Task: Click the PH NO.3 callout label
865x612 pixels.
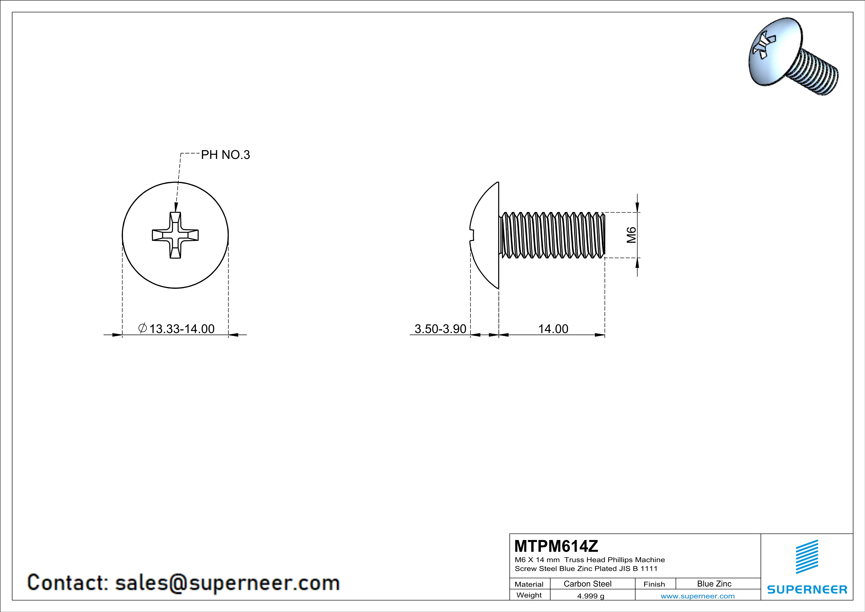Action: (225, 155)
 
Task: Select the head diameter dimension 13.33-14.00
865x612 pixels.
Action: (176, 329)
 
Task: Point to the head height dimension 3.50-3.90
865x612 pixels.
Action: (441, 329)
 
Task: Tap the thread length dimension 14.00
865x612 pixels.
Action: (553, 329)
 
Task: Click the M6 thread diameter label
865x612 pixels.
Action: (631, 235)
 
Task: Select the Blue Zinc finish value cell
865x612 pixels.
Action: (714, 584)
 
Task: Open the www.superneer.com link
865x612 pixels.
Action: (698, 596)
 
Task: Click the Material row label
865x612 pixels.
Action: (529, 584)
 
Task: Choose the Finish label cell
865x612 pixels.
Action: (654, 584)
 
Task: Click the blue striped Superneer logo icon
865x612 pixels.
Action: (807, 557)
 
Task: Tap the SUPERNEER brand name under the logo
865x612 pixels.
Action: (807, 589)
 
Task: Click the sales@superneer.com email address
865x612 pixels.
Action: (228, 583)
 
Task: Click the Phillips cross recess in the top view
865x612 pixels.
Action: (175, 235)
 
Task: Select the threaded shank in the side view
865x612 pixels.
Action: (552, 235)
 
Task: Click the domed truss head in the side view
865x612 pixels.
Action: (484, 235)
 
